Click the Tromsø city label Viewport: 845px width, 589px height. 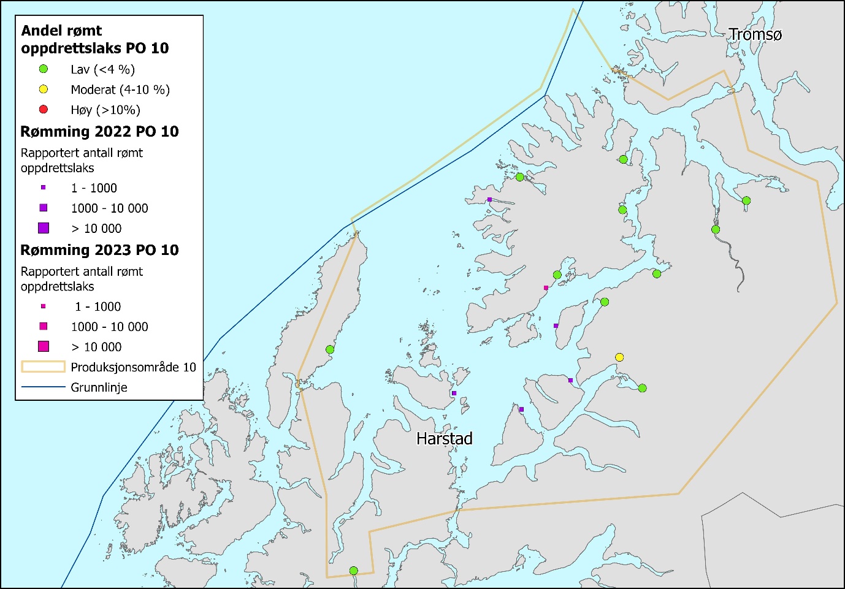point(755,35)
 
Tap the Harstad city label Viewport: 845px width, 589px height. point(444,439)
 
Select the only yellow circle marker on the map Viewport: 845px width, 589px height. point(619,357)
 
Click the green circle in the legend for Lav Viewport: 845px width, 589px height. point(44,69)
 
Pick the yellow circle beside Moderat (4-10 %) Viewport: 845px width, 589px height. point(44,89)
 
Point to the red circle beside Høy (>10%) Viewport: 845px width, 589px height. point(44,110)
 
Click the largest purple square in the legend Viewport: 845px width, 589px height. point(44,228)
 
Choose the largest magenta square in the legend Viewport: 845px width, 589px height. point(44,346)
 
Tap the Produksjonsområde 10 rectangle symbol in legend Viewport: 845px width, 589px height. point(44,367)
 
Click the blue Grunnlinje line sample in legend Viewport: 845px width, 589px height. point(44,387)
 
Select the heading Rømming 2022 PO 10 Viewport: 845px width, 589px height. point(99,132)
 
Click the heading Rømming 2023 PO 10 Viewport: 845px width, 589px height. point(99,250)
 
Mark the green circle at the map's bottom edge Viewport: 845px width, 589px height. point(353,571)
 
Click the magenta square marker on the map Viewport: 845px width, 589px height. point(546,287)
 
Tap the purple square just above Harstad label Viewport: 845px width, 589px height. point(454,393)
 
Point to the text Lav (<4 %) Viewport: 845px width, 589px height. point(102,69)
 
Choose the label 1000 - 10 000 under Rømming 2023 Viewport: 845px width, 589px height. point(109,327)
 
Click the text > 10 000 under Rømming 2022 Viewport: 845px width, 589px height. point(96,229)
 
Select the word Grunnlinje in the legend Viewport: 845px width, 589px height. point(99,387)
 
